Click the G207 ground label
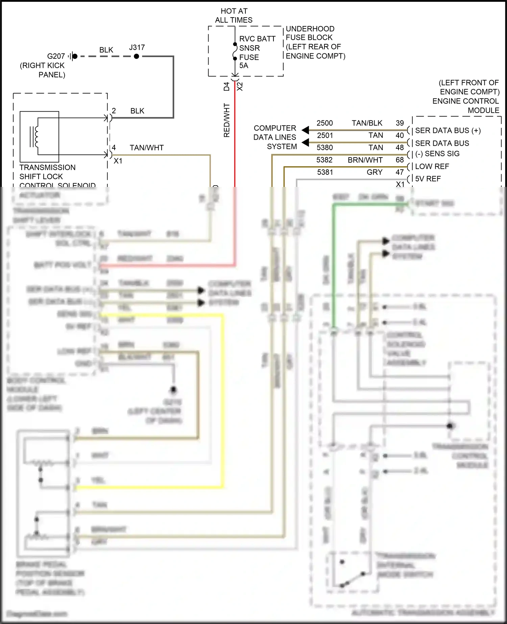pyautogui.click(x=56, y=56)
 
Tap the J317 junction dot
pyautogui.click(x=136, y=56)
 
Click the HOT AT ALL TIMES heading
pyautogui.click(x=234, y=16)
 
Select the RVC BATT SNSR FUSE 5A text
pyautogui.click(x=257, y=52)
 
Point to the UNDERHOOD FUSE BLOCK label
pyautogui.click(x=310, y=33)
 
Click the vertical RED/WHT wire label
pyautogui.click(x=226, y=120)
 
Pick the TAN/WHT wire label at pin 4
pyautogui.click(x=146, y=148)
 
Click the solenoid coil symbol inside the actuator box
pyautogui.click(x=35, y=137)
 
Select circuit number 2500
pyautogui.click(x=324, y=123)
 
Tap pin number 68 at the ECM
pyautogui.click(x=400, y=160)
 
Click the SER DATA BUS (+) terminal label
pyautogui.click(x=448, y=130)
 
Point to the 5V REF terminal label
pyautogui.click(x=428, y=179)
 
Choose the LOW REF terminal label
pyautogui.click(x=432, y=166)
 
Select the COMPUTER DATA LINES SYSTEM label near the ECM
pyautogui.click(x=275, y=137)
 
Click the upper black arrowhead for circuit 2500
pyautogui.click(x=305, y=130)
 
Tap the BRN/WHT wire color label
pyautogui.click(x=365, y=160)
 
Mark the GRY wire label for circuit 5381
pyautogui.click(x=374, y=172)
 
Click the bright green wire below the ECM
pyautogui.click(x=334, y=264)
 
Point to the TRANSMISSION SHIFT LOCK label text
pyautogui.click(x=47, y=172)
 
